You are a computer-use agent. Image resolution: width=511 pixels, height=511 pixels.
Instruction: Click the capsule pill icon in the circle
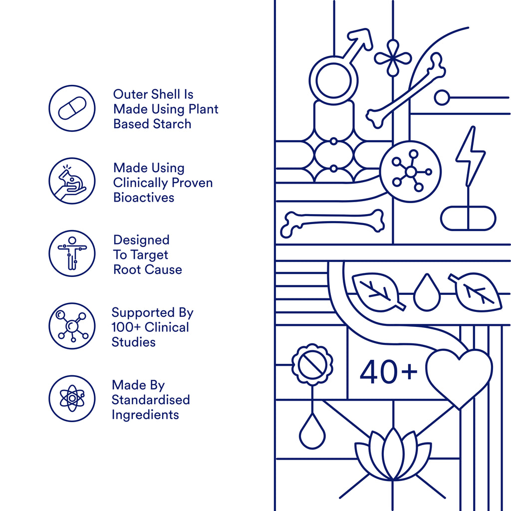tap(72, 108)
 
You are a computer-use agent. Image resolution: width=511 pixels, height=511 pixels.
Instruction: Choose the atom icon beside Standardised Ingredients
tap(72, 398)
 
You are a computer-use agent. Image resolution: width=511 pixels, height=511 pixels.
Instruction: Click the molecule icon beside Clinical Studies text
tap(72, 326)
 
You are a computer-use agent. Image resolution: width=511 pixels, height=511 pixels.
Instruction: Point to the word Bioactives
tap(144, 198)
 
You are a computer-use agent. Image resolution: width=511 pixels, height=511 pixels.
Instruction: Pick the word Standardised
tap(151, 400)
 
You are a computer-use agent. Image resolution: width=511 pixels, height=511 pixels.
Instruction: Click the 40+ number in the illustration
tap(388, 372)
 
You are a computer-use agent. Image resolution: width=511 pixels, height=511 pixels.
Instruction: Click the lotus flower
tap(393, 455)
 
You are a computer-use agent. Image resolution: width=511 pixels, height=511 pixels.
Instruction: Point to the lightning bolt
tap(470, 156)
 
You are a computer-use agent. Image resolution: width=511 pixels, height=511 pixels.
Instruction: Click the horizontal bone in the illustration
tap(332, 223)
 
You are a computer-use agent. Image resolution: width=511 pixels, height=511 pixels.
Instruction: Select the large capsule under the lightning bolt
tap(468, 218)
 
